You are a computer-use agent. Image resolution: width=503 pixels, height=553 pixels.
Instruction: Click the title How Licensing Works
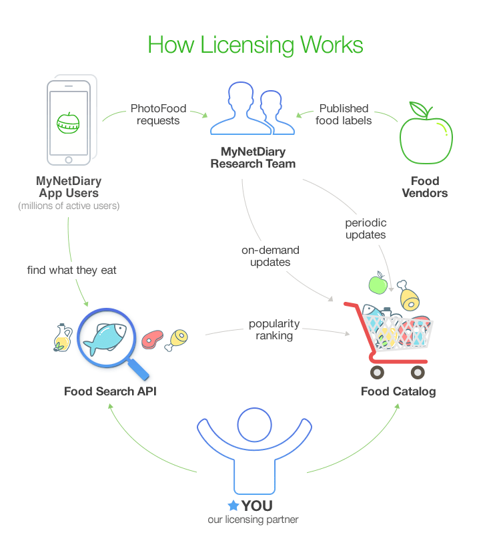click(x=256, y=45)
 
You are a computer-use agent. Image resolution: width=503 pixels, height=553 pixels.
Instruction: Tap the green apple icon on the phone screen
click(x=67, y=123)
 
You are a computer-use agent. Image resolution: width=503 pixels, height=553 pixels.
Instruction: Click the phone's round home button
click(x=67, y=160)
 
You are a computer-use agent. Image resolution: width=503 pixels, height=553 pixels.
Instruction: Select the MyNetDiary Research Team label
click(x=253, y=158)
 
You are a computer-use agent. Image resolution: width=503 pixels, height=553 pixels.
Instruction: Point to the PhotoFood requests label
click(x=158, y=114)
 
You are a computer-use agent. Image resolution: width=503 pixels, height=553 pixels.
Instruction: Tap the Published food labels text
click(x=344, y=114)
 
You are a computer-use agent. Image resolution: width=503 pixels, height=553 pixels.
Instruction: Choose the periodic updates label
click(x=366, y=228)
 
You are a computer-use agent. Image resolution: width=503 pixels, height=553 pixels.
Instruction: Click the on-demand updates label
click(x=270, y=256)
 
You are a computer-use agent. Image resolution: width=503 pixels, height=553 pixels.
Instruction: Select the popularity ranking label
click(x=274, y=329)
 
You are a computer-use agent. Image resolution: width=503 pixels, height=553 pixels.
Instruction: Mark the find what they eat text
click(x=72, y=270)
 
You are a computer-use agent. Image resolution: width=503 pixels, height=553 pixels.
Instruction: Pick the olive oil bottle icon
click(x=62, y=339)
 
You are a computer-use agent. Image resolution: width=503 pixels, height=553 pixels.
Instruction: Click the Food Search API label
click(x=110, y=391)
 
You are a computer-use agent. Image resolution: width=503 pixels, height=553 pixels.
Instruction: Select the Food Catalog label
click(x=398, y=391)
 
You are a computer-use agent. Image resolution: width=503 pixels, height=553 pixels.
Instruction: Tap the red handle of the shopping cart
click(x=352, y=309)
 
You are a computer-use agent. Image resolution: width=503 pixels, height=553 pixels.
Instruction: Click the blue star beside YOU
click(x=233, y=506)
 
